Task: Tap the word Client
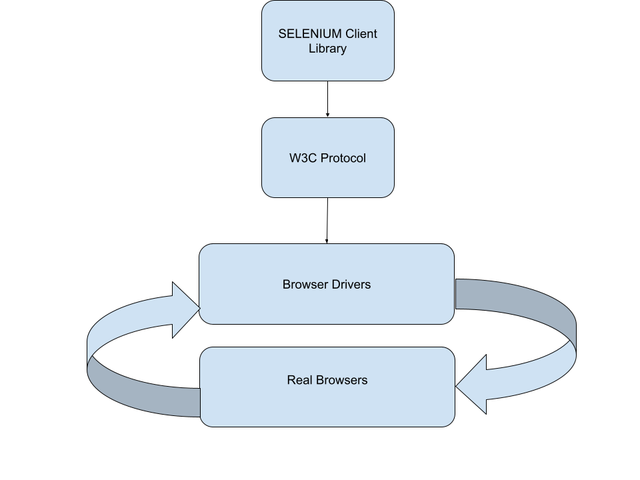coord(361,34)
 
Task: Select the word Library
coord(327,49)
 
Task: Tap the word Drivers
coord(352,285)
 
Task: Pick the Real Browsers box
coord(327,403)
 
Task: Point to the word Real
coord(299,381)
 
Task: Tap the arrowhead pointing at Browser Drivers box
coord(185,309)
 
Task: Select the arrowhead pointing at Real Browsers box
coord(471,386)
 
